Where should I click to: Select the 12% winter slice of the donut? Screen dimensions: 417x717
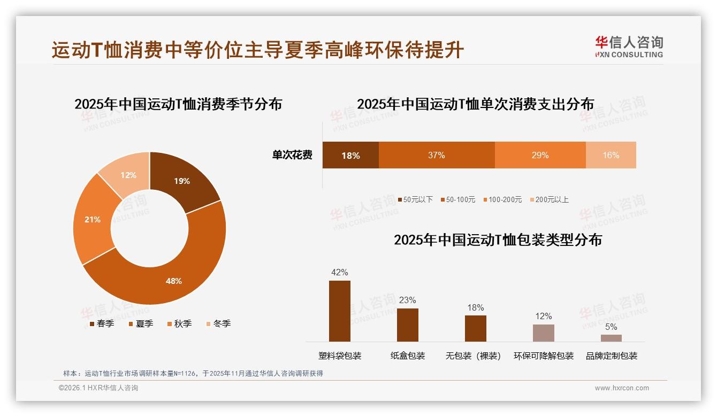tap(128, 175)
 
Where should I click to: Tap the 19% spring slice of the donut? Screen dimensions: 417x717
tap(182, 181)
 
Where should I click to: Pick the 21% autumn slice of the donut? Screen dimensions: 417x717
tap(93, 219)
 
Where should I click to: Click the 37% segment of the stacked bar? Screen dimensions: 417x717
tap(436, 155)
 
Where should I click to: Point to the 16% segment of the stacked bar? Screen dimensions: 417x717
tap(611, 155)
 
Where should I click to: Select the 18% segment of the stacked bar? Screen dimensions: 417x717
tap(350, 156)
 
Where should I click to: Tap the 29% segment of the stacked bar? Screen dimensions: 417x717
tap(540, 155)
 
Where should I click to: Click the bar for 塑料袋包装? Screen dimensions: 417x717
tap(339, 311)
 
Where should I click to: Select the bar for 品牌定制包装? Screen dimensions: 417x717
tap(611, 338)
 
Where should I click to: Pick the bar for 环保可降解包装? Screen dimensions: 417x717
tap(543, 333)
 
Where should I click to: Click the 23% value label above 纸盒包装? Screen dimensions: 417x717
tap(407, 300)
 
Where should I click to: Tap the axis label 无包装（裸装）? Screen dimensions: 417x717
tap(473, 356)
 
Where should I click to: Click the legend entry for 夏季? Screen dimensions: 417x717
tap(141, 323)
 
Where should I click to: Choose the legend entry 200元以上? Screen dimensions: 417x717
tap(549, 199)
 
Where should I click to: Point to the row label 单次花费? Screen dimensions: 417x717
tap(292, 155)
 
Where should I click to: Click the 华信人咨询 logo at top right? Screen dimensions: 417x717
tap(629, 47)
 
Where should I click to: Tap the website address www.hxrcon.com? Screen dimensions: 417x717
tap(622, 388)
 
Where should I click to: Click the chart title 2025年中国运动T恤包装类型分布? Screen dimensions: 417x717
tap(498, 240)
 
